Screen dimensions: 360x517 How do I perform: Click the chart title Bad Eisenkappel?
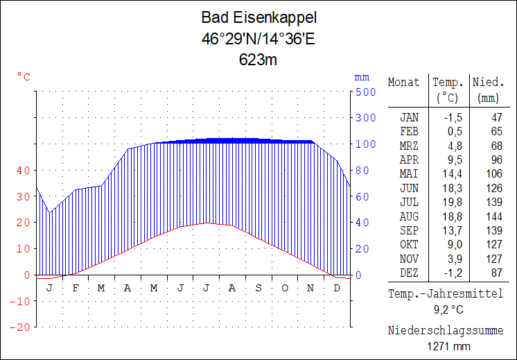[258, 17]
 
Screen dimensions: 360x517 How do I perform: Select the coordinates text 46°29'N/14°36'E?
[258, 39]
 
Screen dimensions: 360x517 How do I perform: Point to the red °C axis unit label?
[24, 77]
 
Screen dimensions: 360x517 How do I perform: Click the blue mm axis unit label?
[362, 77]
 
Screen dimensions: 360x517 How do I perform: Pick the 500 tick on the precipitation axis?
[365, 92]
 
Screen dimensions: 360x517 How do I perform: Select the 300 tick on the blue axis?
[365, 118]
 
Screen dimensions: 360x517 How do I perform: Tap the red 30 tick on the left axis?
[23, 196]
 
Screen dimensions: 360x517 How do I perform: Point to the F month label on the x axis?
[75, 288]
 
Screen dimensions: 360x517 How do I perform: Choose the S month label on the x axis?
[258, 288]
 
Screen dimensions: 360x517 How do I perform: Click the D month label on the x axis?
[337, 288]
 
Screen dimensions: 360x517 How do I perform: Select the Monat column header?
[403, 82]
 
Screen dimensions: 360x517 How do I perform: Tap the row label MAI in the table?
[409, 173]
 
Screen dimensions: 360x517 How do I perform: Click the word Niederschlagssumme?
[445, 330]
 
